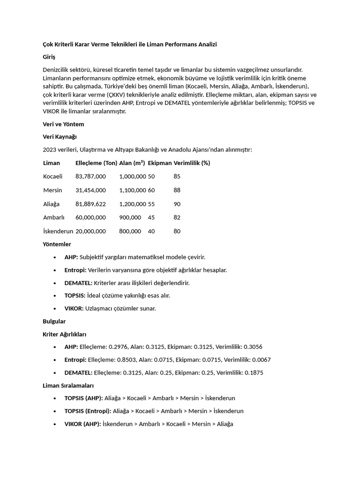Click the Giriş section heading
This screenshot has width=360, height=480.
click(x=49, y=57)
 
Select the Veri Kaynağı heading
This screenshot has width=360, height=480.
click(x=60, y=137)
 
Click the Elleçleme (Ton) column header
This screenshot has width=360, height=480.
click(x=96, y=163)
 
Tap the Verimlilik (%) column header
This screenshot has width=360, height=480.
click(x=192, y=163)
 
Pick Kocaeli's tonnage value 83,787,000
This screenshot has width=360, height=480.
click(x=90, y=176)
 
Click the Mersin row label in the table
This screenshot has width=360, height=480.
click(x=52, y=190)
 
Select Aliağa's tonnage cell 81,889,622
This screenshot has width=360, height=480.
click(x=90, y=204)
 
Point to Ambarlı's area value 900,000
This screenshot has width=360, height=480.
click(x=130, y=217)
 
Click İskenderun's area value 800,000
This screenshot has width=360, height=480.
click(x=130, y=231)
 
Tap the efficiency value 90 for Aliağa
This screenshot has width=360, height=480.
click(x=177, y=204)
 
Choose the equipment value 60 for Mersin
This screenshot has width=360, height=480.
click(x=151, y=190)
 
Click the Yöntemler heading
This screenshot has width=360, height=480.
click(x=57, y=244)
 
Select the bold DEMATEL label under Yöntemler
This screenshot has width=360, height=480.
click(x=78, y=283)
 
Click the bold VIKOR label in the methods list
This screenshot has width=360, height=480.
click(x=74, y=308)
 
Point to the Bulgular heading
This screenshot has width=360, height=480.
click(x=54, y=322)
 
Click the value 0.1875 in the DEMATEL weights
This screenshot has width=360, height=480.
click(x=253, y=373)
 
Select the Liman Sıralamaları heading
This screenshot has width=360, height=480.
click(x=68, y=386)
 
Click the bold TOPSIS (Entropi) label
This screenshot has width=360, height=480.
click(x=88, y=411)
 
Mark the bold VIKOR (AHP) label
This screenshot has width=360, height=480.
click(x=82, y=424)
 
